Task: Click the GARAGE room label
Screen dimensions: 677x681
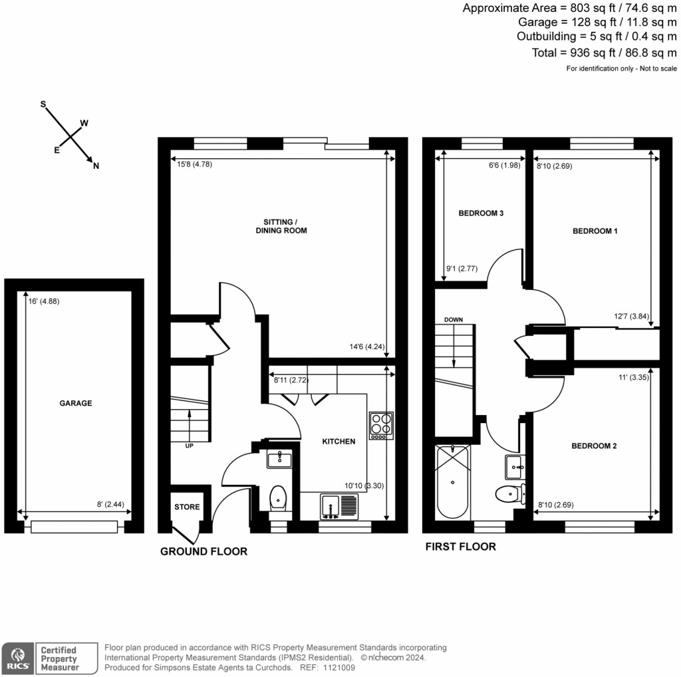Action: (75, 403)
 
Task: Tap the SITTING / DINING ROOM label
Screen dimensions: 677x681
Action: (281, 226)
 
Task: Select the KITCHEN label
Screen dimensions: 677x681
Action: (339, 442)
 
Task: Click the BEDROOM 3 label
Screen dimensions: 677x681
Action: (481, 213)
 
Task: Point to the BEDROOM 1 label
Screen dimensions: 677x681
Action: (595, 231)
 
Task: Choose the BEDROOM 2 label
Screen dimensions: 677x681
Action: (594, 446)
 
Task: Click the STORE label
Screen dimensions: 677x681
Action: (187, 507)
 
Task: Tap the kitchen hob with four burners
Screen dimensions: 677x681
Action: (381, 426)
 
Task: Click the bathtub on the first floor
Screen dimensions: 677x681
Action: (453, 482)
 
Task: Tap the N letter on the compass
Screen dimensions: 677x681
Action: (96, 166)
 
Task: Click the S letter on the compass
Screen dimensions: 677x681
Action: (43, 104)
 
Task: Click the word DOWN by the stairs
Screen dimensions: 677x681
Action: (454, 320)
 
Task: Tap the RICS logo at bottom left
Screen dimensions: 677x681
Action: (17, 656)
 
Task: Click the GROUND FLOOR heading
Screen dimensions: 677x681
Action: (204, 551)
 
